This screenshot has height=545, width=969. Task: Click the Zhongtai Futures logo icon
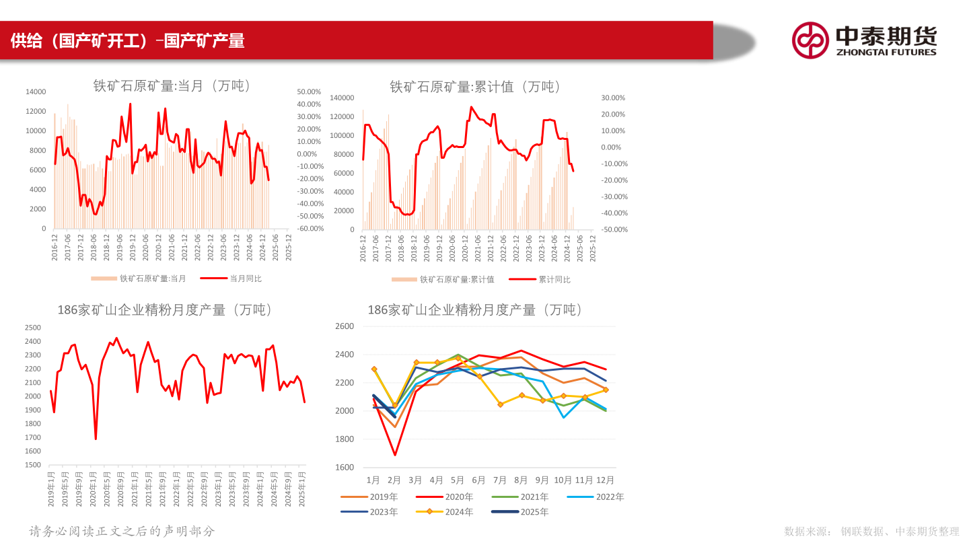point(810,40)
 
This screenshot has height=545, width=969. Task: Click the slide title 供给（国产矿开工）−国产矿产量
point(128,41)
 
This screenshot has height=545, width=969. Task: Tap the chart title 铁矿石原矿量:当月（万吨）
point(172,86)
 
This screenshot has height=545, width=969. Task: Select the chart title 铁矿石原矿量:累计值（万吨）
point(475,87)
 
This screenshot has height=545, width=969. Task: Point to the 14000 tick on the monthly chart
point(36,92)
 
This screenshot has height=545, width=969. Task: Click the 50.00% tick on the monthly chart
point(310,92)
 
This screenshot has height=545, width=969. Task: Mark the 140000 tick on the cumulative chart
point(342,98)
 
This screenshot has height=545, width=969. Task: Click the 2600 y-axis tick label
point(345,326)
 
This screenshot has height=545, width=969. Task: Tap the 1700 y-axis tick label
point(32,437)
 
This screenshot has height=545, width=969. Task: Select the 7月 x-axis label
point(500,480)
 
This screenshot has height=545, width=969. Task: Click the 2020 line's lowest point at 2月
point(395,455)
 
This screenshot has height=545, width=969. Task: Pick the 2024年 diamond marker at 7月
point(500,404)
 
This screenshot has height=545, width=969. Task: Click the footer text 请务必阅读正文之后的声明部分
point(122,531)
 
